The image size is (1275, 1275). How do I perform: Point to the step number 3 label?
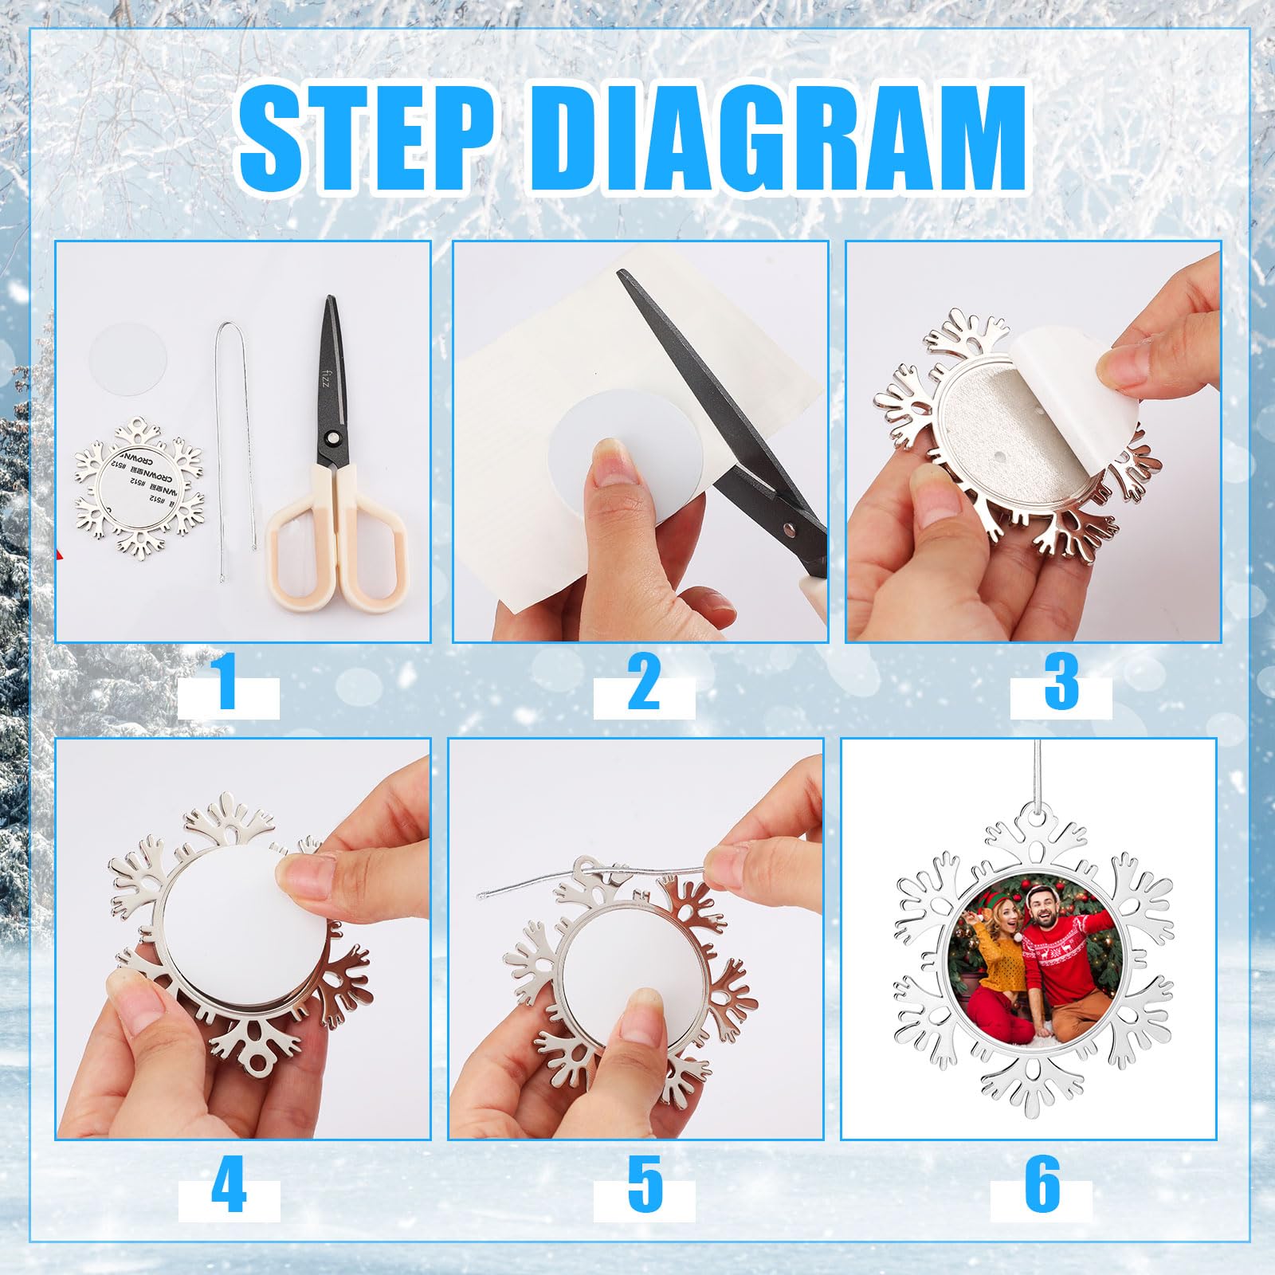(x=1061, y=683)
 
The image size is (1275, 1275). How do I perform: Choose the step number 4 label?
(x=229, y=1187)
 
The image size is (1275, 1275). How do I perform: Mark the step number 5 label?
(x=644, y=1187)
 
